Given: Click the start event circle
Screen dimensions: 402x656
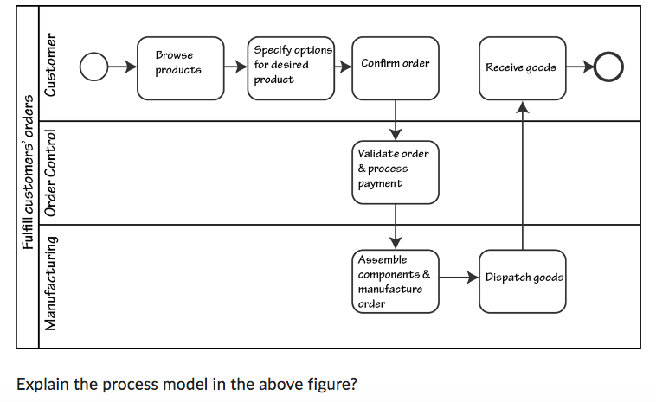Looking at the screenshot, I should (93, 66).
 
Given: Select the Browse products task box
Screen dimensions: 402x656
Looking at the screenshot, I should (180, 66).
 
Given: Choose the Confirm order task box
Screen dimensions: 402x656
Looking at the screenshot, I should (395, 66).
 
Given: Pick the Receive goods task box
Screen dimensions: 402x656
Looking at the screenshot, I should (522, 67).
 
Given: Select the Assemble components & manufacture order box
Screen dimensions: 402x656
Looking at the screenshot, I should (395, 281).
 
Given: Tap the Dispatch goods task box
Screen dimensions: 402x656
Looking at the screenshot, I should (523, 280).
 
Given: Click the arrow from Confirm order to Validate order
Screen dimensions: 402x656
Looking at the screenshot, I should (396, 119).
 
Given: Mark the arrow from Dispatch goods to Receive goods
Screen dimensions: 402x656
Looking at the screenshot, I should (522, 173).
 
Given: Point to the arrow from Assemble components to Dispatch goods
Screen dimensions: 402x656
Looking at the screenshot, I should (459, 278).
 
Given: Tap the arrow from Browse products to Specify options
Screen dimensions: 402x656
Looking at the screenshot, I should (235, 66).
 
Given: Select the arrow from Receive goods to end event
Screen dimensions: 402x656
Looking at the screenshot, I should (580, 66).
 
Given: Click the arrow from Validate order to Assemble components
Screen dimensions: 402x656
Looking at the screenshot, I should (396, 226).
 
